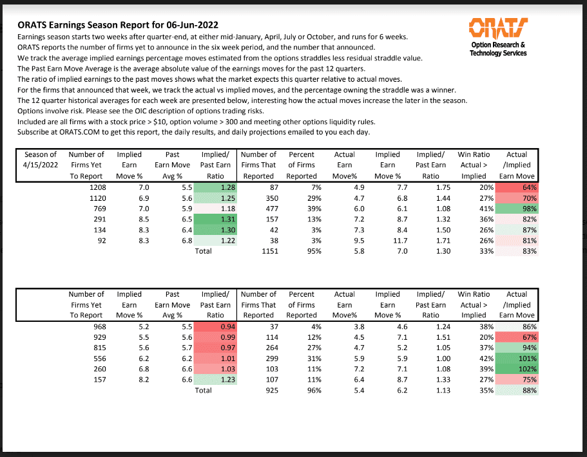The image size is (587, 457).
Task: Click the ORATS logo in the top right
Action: click(498, 29)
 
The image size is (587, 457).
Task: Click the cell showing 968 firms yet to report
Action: click(91, 327)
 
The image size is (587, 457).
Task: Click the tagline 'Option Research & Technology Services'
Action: click(498, 49)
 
